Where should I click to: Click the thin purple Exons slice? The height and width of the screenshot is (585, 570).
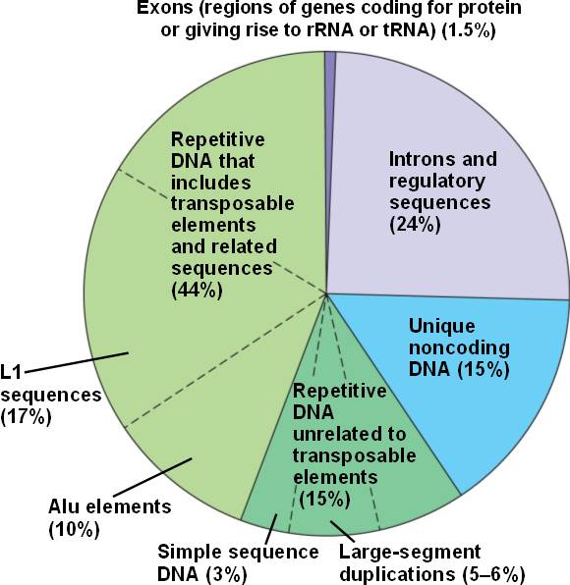point(330,149)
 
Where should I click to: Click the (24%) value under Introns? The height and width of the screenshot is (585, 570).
point(415,225)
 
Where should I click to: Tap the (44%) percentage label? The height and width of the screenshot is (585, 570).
point(197,290)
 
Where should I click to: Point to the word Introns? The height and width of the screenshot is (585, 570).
point(422,159)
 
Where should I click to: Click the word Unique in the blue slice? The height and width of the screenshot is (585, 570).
point(442,326)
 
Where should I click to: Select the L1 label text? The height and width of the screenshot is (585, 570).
point(11,373)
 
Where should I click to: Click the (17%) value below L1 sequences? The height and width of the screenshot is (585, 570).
point(26,417)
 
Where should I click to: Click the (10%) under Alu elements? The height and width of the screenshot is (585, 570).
point(75,529)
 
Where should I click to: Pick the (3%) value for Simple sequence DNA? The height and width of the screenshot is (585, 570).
point(227,574)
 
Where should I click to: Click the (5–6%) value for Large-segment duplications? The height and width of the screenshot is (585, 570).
point(493,574)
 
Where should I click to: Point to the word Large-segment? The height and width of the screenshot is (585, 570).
point(410,553)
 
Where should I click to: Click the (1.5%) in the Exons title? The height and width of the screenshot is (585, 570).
point(469,29)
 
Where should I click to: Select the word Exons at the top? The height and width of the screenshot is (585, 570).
point(165,8)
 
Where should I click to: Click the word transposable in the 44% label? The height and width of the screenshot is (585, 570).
point(233,204)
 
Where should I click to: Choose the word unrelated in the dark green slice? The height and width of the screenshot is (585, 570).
point(349,434)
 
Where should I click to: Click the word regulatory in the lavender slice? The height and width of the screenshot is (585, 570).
point(437,182)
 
